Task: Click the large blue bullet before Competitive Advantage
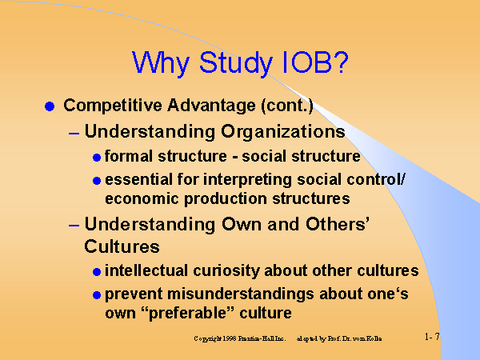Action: click(x=50, y=106)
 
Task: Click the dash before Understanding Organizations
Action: click(x=74, y=131)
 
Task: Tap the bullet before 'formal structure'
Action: click(x=97, y=157)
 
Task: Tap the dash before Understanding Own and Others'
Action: click(x=74, y=225)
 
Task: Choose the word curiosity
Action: click(x=217, y=271)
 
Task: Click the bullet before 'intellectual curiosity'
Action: click(x=97, y=272)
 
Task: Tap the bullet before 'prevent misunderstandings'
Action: click(x=97, y=294)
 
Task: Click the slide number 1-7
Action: click(x=432, y=338)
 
